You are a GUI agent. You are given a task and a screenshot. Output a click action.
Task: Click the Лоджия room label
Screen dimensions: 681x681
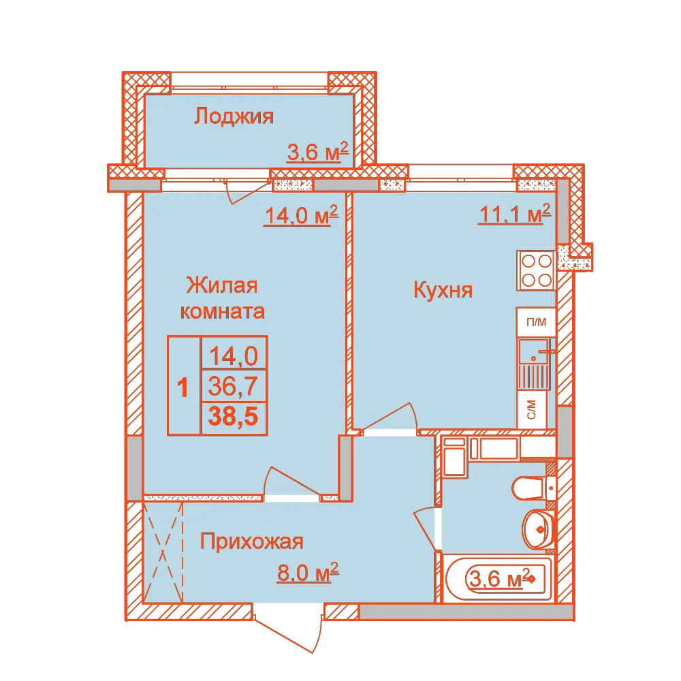(234, 116)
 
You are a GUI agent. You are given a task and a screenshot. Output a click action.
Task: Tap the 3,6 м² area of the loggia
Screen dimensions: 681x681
(317, 152)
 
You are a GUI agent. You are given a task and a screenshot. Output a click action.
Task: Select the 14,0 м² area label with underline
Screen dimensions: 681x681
(300, 215)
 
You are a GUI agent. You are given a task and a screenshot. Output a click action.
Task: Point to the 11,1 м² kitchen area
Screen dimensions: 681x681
(515, 213)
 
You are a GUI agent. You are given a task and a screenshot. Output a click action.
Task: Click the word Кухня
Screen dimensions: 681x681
(443, 289)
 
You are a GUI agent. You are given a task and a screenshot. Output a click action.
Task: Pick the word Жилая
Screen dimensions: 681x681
(222, 285)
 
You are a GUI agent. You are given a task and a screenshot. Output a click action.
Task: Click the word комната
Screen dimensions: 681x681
(223, 311)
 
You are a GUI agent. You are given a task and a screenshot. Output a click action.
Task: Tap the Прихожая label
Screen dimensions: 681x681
(251, 541)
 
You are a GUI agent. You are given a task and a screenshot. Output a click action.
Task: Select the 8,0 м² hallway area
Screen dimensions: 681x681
(308, 573)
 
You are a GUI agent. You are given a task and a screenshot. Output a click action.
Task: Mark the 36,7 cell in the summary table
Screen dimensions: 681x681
(233, 385)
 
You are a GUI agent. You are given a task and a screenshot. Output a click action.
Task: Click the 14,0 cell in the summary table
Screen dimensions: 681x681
(234, 355)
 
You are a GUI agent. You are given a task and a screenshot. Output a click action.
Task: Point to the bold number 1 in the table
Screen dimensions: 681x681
(183, 387)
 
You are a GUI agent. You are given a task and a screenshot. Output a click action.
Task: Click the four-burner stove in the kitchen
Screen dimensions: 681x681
(536, 270)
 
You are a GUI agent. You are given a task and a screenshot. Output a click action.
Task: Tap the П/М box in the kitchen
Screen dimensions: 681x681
(536, 322)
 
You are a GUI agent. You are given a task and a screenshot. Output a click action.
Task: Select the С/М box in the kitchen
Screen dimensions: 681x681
(531, 409)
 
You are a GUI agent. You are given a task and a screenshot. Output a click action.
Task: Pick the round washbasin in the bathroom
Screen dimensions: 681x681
(539, 529)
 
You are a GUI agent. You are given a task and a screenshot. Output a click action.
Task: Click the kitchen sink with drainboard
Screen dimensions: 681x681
(534, 364)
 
